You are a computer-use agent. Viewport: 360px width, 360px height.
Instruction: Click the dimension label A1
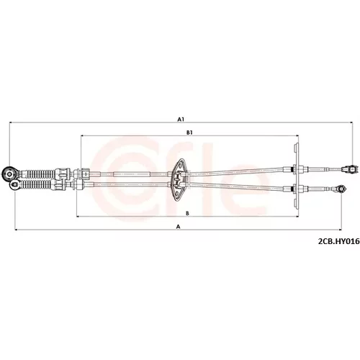pyautogui.click(x=181, y=119)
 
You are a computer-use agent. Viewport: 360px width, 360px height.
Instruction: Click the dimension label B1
pyautogui.click(x=189, y=132)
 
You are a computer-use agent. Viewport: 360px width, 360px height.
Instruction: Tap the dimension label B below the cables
pyautogui.click(x=188, y=213)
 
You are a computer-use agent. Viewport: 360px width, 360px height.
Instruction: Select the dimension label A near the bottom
pyautogui.click(x=178, y=226)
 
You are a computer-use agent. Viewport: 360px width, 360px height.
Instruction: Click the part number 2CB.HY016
pyautogui.click(x=338, y=241)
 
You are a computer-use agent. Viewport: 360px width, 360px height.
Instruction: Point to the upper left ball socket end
pyautogui.click(x=10, y=174)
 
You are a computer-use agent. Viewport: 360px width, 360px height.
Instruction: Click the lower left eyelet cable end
pyautogui.click(x=15, y=184)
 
